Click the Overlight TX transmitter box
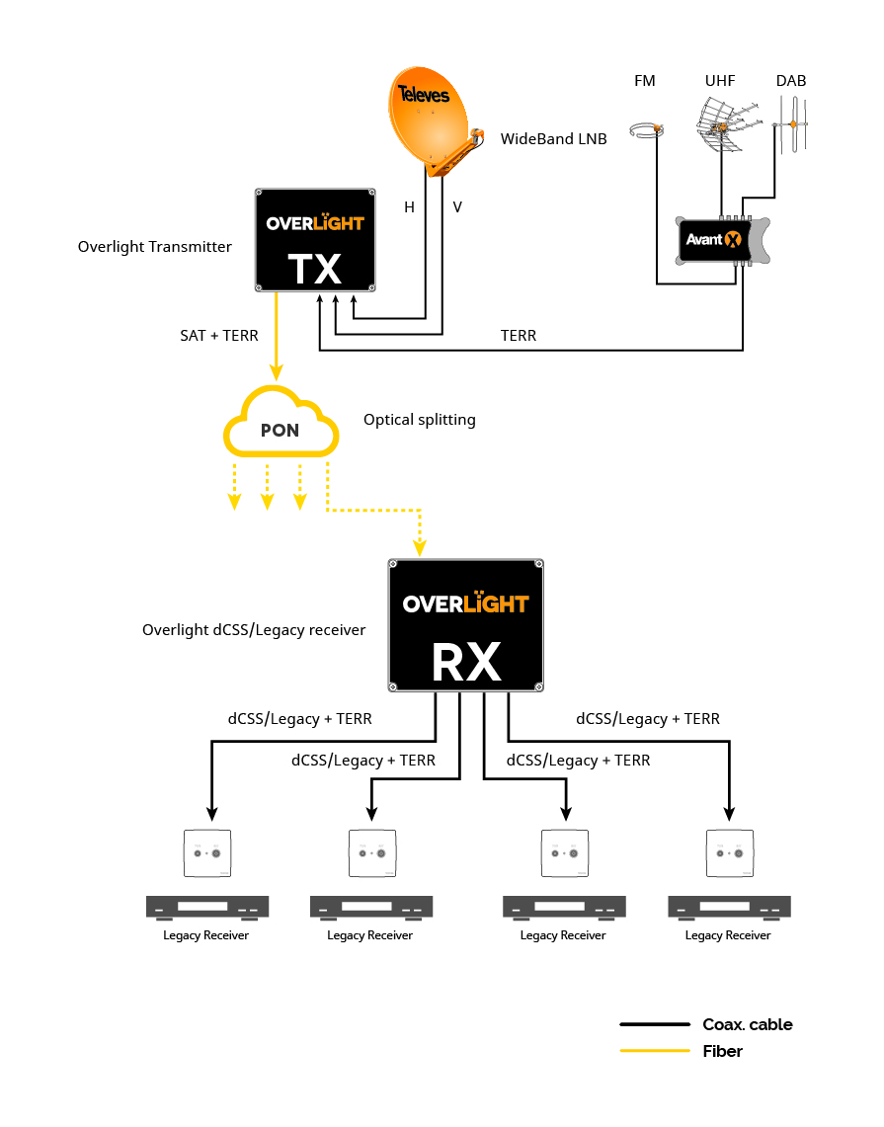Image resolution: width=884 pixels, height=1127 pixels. pyautogui.click(x=315, y=240)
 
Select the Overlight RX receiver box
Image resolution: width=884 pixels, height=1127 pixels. pyautogui.click(x=466, y=625)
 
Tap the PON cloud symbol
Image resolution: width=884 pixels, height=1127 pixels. pyautogui.click(x=281, y=427)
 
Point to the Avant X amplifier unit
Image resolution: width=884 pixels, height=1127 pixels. pyautogui.click(x=715, y=240)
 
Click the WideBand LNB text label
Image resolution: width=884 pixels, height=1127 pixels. pyautogui.click(x=553, y=139)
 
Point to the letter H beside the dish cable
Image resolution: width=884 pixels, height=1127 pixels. pyautogui.click(x=409, y=207)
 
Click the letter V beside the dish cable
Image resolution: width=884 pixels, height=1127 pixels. pyautogui.click(x=457, y=207)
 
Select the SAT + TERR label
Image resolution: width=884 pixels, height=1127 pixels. pyautogui.click(x=218, y=336)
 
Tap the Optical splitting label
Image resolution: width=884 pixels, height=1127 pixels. pyautogui.click(x=419, y=420)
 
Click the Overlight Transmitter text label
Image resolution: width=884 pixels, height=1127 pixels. pyautogui.click(x=155, y=247)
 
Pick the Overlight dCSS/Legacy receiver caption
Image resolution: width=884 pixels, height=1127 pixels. pyautogui.click(x=254, y=630)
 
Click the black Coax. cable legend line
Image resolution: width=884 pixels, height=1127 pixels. pyautogui.click(x=655, y=1025)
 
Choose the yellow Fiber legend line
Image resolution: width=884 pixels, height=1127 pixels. pyautogui.click(x=655, y=1052)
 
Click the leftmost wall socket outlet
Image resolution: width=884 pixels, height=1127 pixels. pyautogui.click(x=206, y=852)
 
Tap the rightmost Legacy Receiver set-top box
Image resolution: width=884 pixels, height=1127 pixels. pyautogui.click(x=729, y=907)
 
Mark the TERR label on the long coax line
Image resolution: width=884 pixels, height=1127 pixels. pyautogui.click(x=519, y=336)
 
